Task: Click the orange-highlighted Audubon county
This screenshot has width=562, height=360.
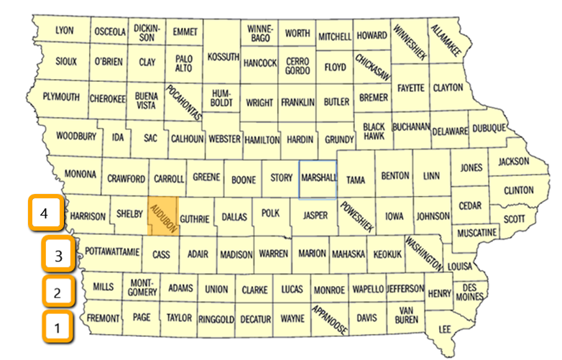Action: [162, 216]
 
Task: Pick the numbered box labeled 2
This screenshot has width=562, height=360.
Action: [56, 292]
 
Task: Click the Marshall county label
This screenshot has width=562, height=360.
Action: [318, 177]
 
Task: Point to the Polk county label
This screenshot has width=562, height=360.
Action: [270, 214]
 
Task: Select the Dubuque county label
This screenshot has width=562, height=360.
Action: [509, 129]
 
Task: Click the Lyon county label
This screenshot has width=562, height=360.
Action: [65, 31]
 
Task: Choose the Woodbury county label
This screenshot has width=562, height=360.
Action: [75, 135]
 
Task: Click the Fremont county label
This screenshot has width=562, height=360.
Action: [103, 317]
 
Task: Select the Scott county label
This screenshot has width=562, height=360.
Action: [513, 218]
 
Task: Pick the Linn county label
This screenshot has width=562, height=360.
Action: [431, 176]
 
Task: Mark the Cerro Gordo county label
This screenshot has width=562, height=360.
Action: [297, 67]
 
